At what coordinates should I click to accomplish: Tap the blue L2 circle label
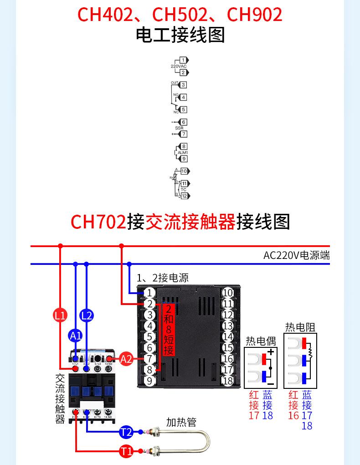tap(87, 315)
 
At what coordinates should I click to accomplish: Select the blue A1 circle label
tap(76, 336)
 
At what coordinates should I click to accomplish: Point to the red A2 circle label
tap(126, 359)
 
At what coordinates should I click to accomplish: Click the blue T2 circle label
tap(126, 432)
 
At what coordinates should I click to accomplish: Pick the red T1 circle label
tap(126, 451)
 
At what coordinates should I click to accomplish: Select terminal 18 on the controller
tap(228, 381)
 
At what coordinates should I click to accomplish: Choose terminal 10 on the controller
tap(228, 293)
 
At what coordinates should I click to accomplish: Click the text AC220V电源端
tap(296, 255)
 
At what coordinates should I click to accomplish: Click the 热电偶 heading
tap(261, 341)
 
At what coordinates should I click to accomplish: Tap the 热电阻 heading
tap(300, 327)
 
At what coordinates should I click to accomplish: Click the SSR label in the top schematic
tap(179, 128)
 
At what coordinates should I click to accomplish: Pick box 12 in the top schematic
tap(184, 196)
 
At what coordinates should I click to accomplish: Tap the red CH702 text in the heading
tap(98, 222)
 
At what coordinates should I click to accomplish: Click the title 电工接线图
tap(180, 36)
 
